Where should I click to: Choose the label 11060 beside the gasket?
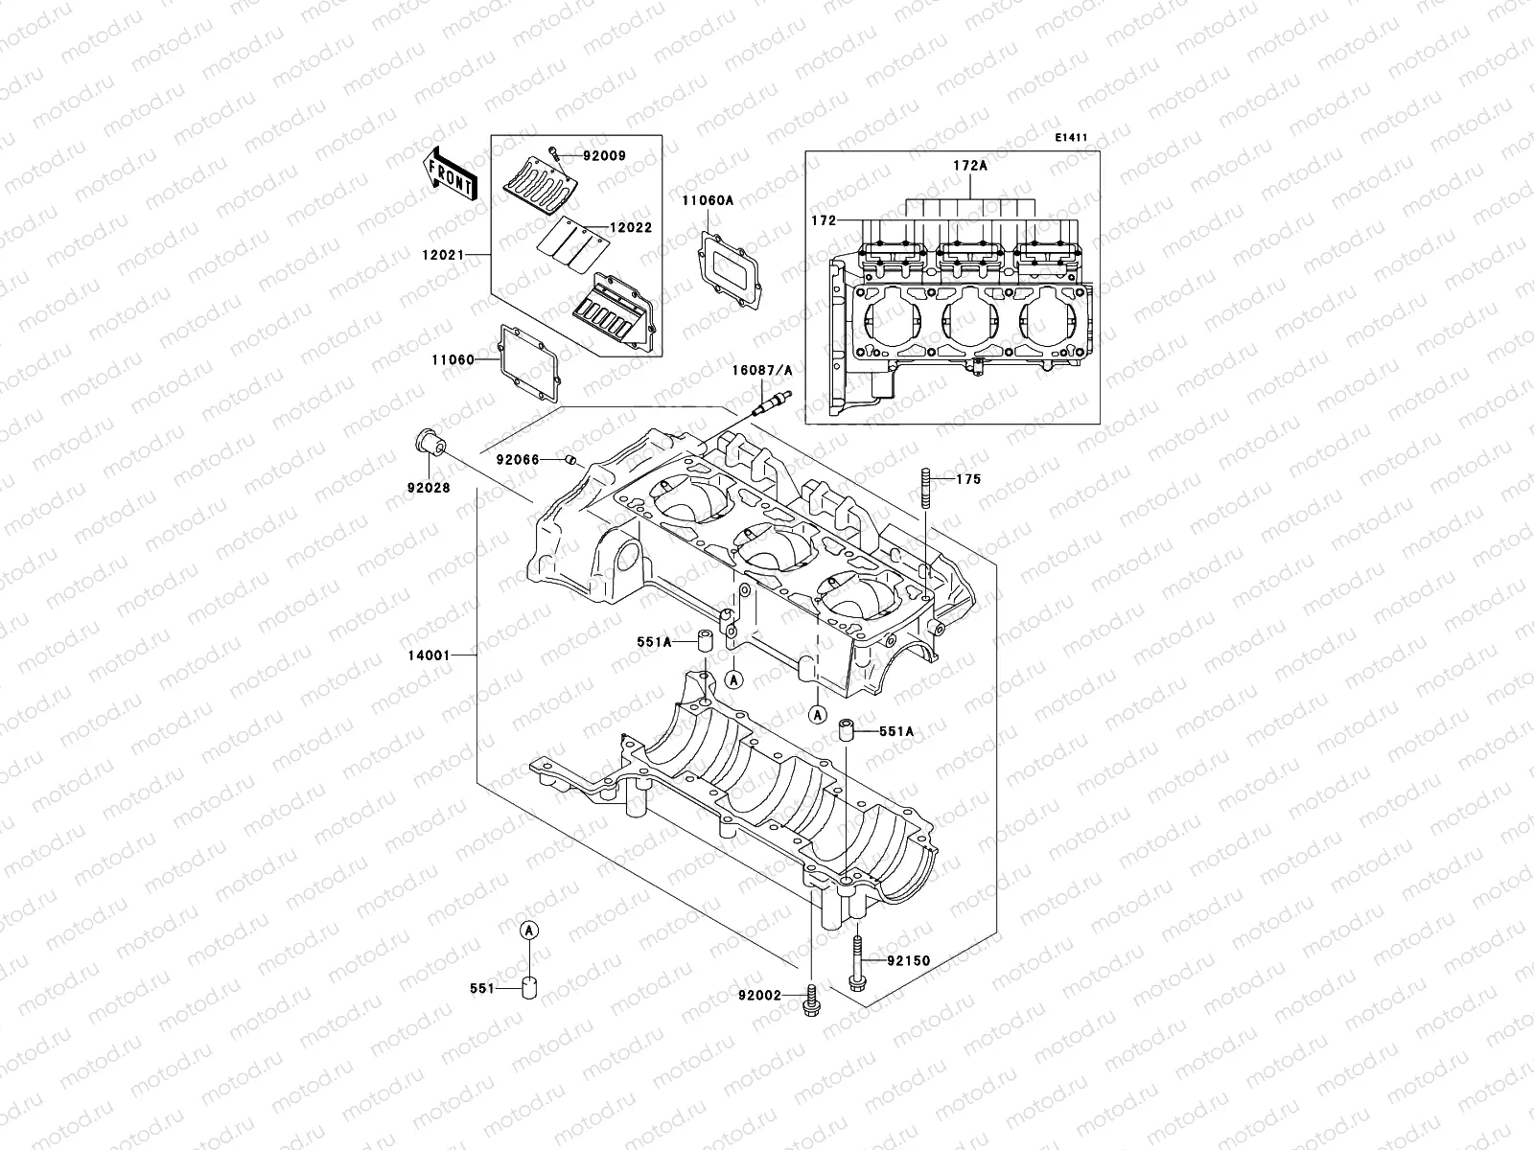coord(453,359)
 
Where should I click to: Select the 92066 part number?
coord(519,460)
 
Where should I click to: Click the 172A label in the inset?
coord(969,165)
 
